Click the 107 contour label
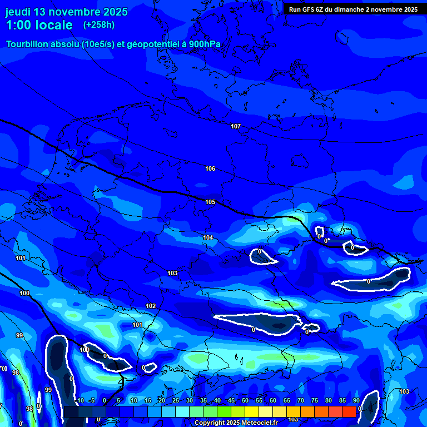click(236, 126)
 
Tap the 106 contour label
click(210, 168)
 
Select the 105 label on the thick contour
click(210, 202)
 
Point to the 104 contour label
click(208, 237)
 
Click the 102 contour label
click(151, 306)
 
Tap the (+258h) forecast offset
click(100, 25)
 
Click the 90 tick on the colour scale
click(356, 400)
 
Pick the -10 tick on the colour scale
click(78, 400)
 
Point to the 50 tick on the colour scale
click(245, 400)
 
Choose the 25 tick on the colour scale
click(175, 400)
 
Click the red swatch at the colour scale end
click(349, 411)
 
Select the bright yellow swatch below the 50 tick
click(251, 411)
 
